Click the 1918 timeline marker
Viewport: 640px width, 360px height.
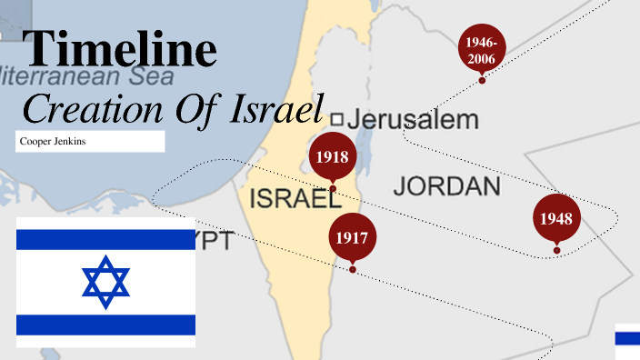point(333,157)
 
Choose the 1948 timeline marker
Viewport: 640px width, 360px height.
point(555,219)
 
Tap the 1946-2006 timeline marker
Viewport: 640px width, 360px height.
point(481,50)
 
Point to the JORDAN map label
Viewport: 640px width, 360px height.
point(446,187)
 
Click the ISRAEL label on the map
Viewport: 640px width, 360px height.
point(288,199)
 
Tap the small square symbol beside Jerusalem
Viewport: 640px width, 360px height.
point(335,119)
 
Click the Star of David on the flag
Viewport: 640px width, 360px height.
point(105,282)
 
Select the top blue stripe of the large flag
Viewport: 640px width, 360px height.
point(105,240)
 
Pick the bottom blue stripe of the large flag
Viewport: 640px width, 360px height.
point(105,325)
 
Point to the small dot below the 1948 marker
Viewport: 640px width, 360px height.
point(556,250)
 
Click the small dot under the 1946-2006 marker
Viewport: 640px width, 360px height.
point(482,81)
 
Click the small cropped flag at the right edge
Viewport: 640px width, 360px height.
point(627,336)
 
